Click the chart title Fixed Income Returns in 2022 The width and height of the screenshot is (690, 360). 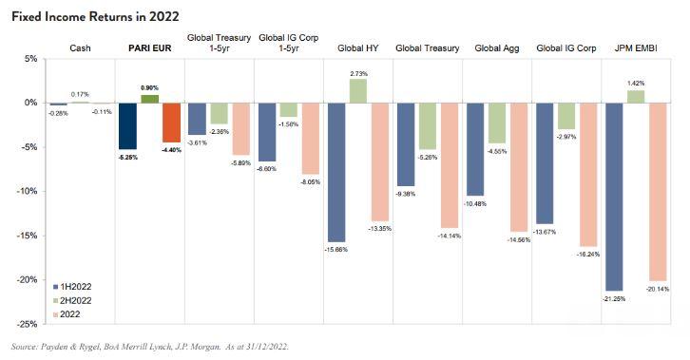coord(95,17)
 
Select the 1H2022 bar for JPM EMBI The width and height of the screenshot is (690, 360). coord(614,197)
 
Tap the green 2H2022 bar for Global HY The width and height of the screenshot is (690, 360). coord(358,91)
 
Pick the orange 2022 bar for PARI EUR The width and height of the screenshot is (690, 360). coord(172,123)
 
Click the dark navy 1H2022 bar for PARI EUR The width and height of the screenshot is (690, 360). coord(127,126)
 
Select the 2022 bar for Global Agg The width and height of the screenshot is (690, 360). coord(519,167)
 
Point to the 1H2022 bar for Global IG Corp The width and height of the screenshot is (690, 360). coord(545,163)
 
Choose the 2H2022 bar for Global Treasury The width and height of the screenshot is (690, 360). coord(428,126)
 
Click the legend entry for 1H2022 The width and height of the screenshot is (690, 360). coord(72,287)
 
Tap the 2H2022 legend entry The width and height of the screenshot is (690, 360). coord(72,301)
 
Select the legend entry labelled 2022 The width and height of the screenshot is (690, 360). coord(67,314)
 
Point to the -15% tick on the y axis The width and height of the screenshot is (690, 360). coord(28,236)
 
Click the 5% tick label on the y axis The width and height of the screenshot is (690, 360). coord(30,59)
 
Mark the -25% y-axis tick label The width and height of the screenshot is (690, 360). coord(28,324)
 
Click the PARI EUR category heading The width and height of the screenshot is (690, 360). coord(149,47)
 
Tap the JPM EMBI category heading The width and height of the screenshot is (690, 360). coord(636,47)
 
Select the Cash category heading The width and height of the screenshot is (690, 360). coord(80,47)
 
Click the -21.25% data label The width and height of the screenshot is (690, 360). coord(614,299)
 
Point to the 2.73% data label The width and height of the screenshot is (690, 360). coord(358,73)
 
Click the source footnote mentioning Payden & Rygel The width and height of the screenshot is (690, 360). coord(150,347)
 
